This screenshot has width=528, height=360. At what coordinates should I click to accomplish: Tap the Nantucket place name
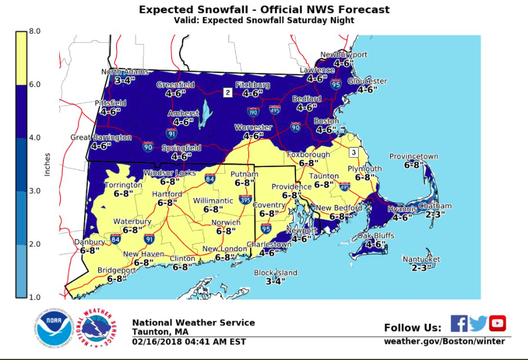click(421, 259)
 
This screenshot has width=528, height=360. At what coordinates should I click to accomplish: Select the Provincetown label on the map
click(414, 156)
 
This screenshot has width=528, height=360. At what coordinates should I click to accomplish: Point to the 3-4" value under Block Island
click(275, 281)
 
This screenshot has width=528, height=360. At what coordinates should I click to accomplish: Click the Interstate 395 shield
click(246, 200)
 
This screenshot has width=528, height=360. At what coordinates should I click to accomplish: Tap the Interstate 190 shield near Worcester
click(253, 112)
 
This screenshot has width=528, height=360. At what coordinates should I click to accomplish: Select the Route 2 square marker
click(227, 93)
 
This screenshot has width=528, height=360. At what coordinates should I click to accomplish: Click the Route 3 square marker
click(354, 152)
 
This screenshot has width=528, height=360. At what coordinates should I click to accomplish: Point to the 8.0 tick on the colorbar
click(35, 31)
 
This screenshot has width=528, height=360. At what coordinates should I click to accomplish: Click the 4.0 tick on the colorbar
click(35, 137)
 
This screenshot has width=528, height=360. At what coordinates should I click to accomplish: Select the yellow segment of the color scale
click(21, 58)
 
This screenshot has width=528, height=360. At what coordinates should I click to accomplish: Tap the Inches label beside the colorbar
click(47, 164)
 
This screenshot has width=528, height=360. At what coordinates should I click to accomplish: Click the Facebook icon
click(459, 323)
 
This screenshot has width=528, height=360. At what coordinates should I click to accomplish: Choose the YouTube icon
click(497, 323)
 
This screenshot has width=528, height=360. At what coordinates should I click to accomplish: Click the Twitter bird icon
click(478, 324)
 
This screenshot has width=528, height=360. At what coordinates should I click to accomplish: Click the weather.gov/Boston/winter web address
click(444, 341)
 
